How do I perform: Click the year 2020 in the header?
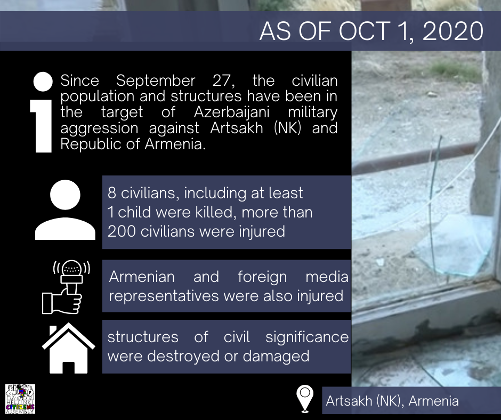click(452, 31)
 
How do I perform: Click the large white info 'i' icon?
click(42, 112)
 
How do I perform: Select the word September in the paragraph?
click(156, 80)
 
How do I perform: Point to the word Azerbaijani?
click(232, 112)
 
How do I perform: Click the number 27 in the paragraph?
click(223, 80)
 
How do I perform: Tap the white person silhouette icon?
click(65, 209)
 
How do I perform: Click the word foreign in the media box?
click(262, 277)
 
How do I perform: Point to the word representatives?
click(164, 296)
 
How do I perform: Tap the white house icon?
click(68, 348)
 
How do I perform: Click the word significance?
click(307, 337)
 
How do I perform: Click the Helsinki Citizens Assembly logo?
click(20, 399)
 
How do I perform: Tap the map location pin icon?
click(305, 398)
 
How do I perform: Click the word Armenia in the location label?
click(434, 401)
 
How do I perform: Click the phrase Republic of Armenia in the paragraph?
click(133, 144)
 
